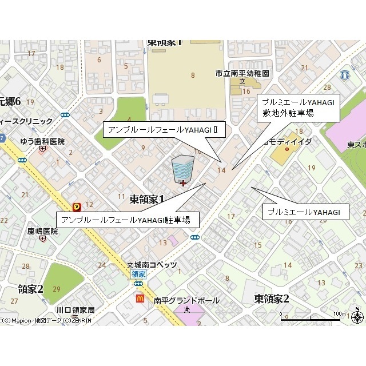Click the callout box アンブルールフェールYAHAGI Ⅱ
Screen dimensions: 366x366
point(163,130)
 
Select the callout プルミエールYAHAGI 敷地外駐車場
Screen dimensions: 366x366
point(297,107)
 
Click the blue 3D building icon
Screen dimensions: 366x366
point(182,169)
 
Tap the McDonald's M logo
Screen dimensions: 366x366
point(140,298)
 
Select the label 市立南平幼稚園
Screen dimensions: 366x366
point(242,74)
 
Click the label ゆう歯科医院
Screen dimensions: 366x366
point(42,141)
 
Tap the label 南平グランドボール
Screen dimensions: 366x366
point(186,300)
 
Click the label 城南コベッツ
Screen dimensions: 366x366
point(156,265)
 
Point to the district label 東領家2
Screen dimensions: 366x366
point(272,298)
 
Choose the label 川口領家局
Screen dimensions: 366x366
point(75,310)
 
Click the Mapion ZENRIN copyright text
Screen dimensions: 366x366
point(46,321)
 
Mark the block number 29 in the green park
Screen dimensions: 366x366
point(56,289)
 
